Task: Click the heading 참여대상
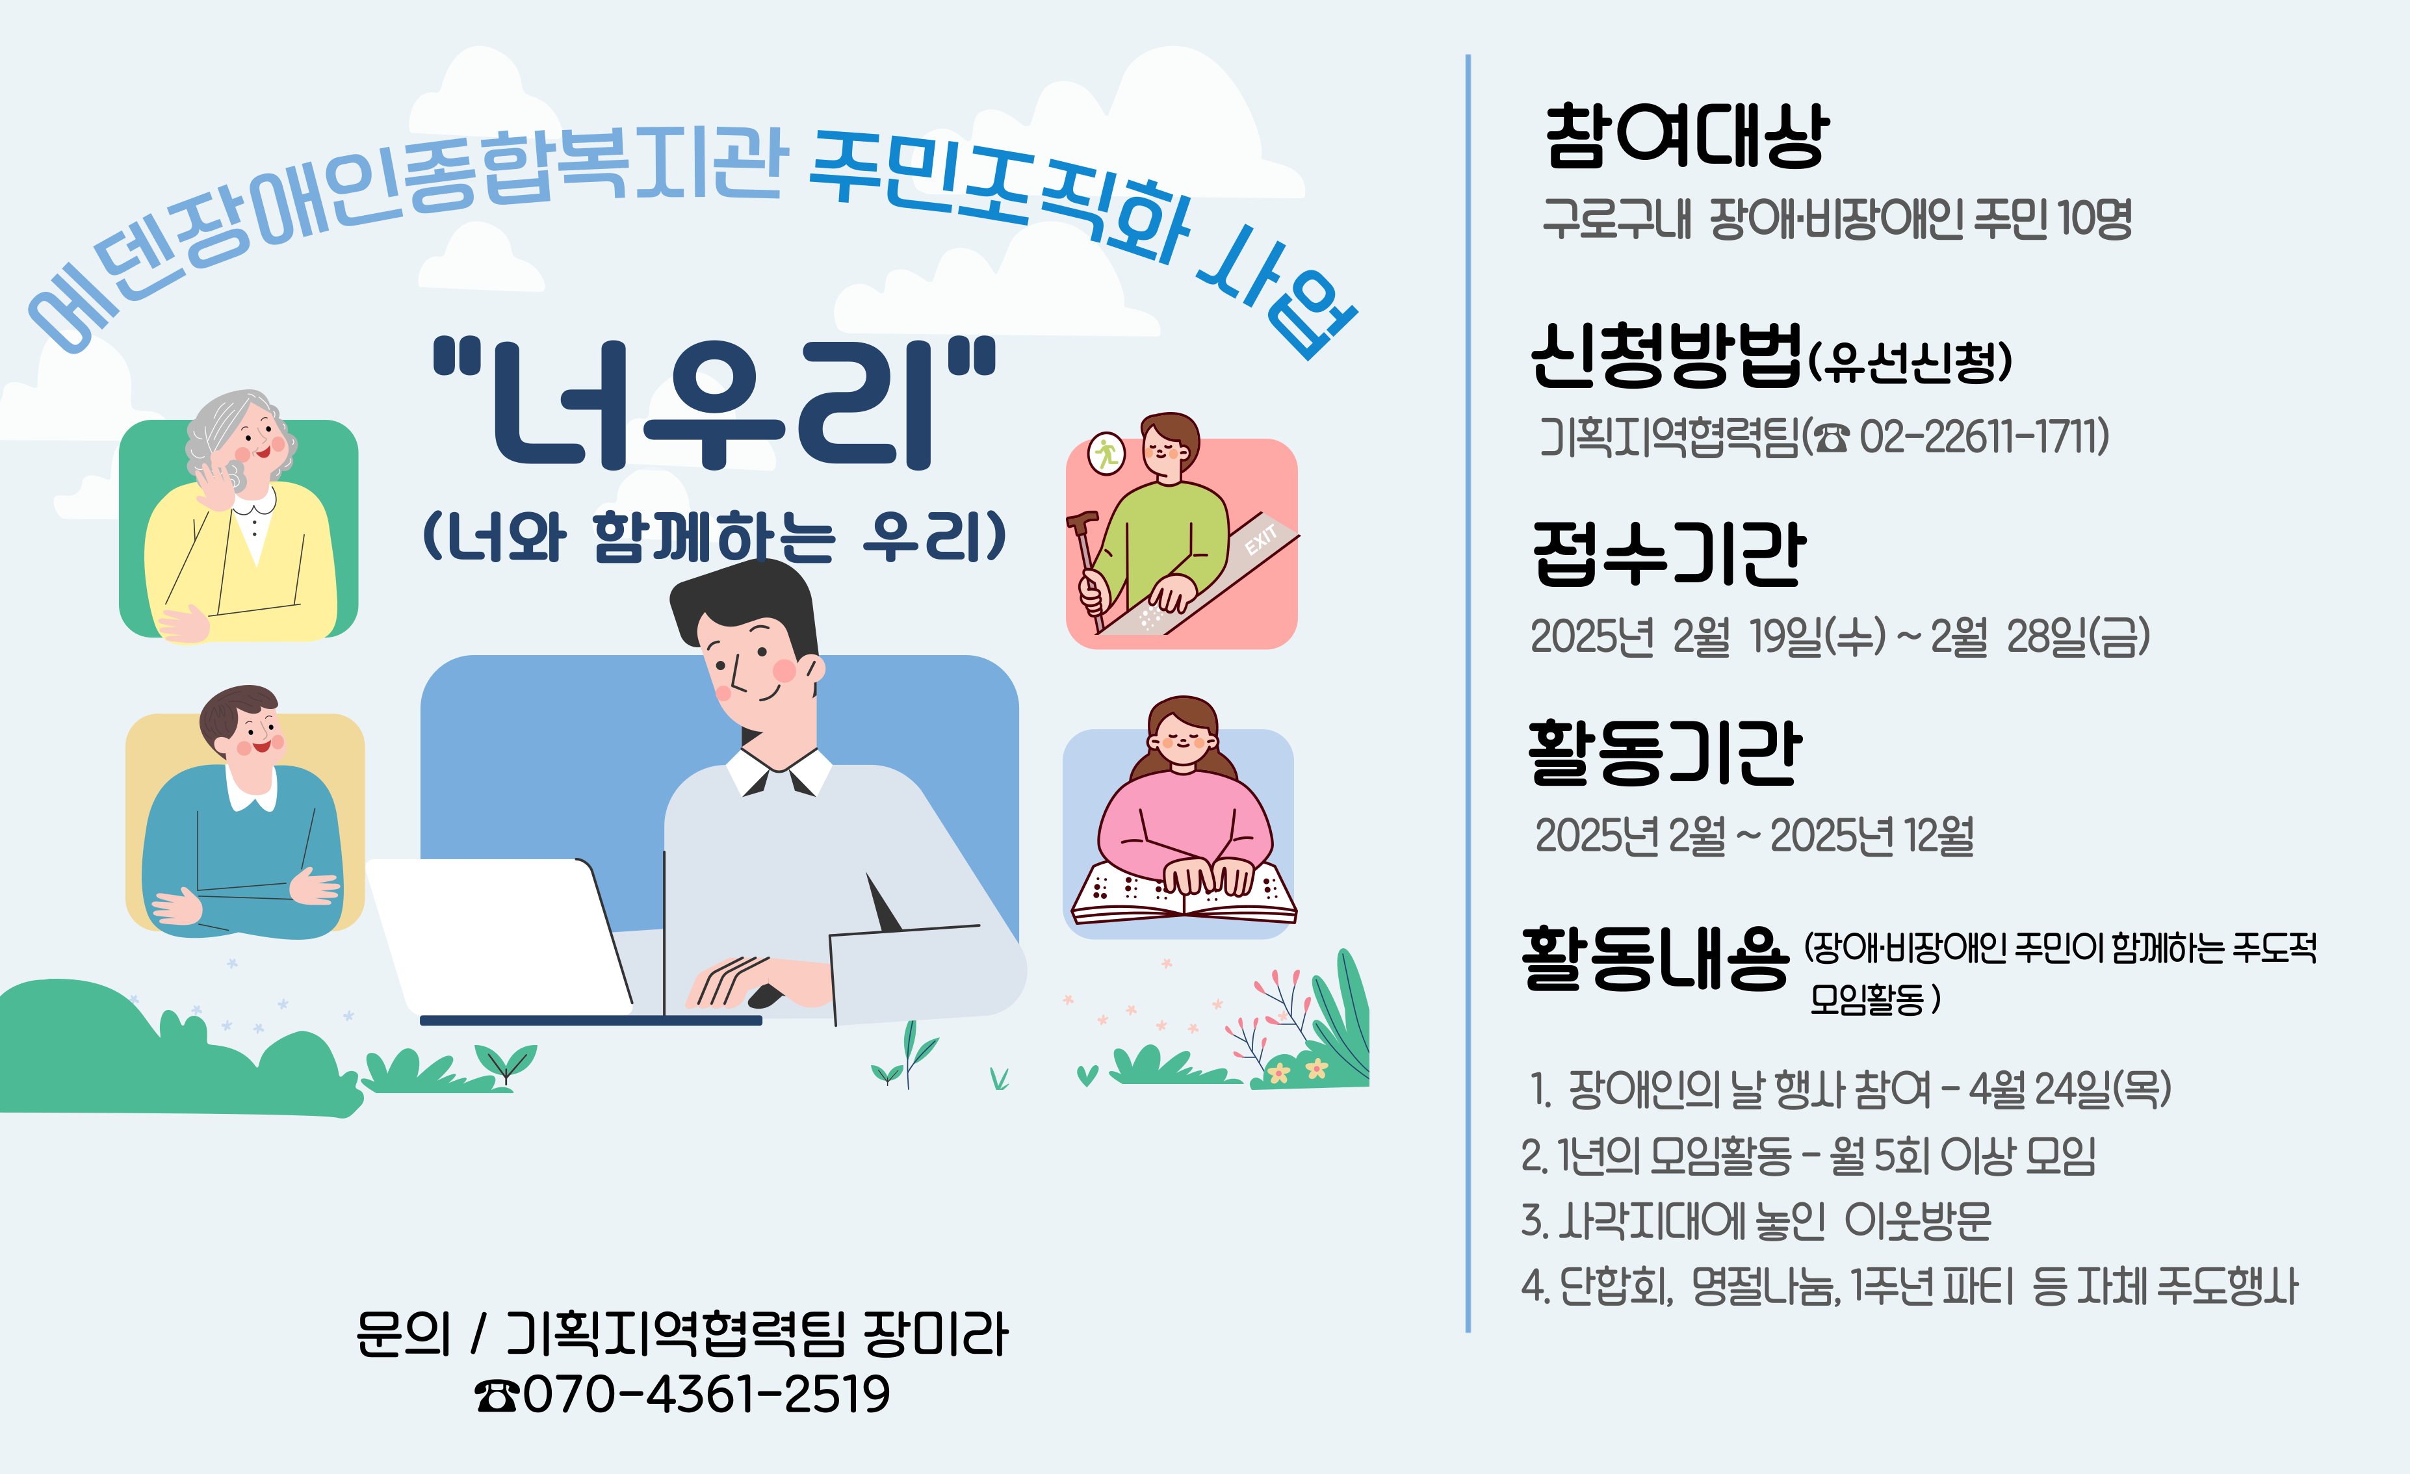click(1686, 136)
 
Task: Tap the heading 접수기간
click(1668, 554)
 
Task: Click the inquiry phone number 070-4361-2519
click(706, 1394)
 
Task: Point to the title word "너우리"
click(714, 403)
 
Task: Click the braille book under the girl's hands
click(1184, 892)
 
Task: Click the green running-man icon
click(1106, 453)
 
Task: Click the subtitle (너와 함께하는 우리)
click(714, 536)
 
